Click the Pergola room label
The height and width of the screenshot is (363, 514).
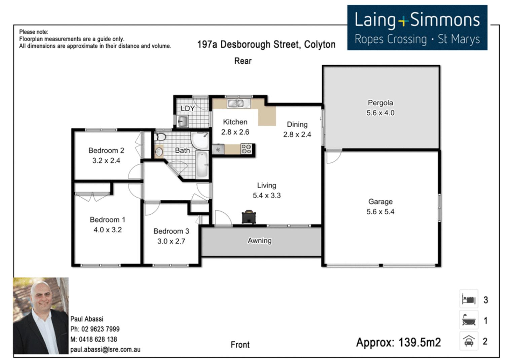coord(380,103)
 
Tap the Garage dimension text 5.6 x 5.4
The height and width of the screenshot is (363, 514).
coord(380,212)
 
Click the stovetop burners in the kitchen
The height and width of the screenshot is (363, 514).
coord(246,149)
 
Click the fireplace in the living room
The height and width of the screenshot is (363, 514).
coord(249,217)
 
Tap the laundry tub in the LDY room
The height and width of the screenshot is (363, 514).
coord(183,121)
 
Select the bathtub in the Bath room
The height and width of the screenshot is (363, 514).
coord(202,164)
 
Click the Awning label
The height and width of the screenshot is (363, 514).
coord(259,241)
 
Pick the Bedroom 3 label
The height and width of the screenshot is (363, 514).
coord(171,231)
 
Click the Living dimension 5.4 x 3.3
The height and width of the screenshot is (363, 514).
coord(266,196)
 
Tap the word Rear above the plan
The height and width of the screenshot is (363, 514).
coord(243,61)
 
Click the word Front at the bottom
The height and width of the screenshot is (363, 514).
coord(240,345)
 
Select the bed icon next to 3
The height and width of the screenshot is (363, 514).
coord(469,299)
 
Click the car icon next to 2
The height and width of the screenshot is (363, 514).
coord(469,341)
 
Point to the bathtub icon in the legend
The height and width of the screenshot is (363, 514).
coord(469,320)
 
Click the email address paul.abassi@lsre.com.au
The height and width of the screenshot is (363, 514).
coord(105,350)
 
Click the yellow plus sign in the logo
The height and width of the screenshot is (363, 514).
coord(403,22)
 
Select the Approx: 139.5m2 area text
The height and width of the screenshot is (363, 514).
coord(398,342)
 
